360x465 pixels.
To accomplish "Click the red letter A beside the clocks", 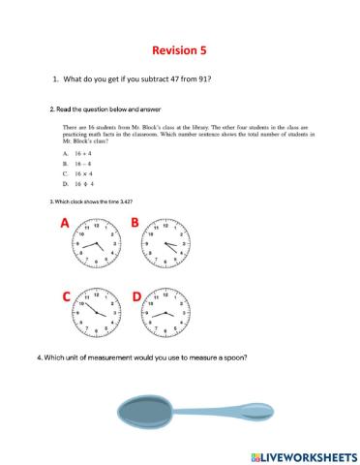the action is [x=65, y=225].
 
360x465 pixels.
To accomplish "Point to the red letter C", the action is [x=65, y=297].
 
